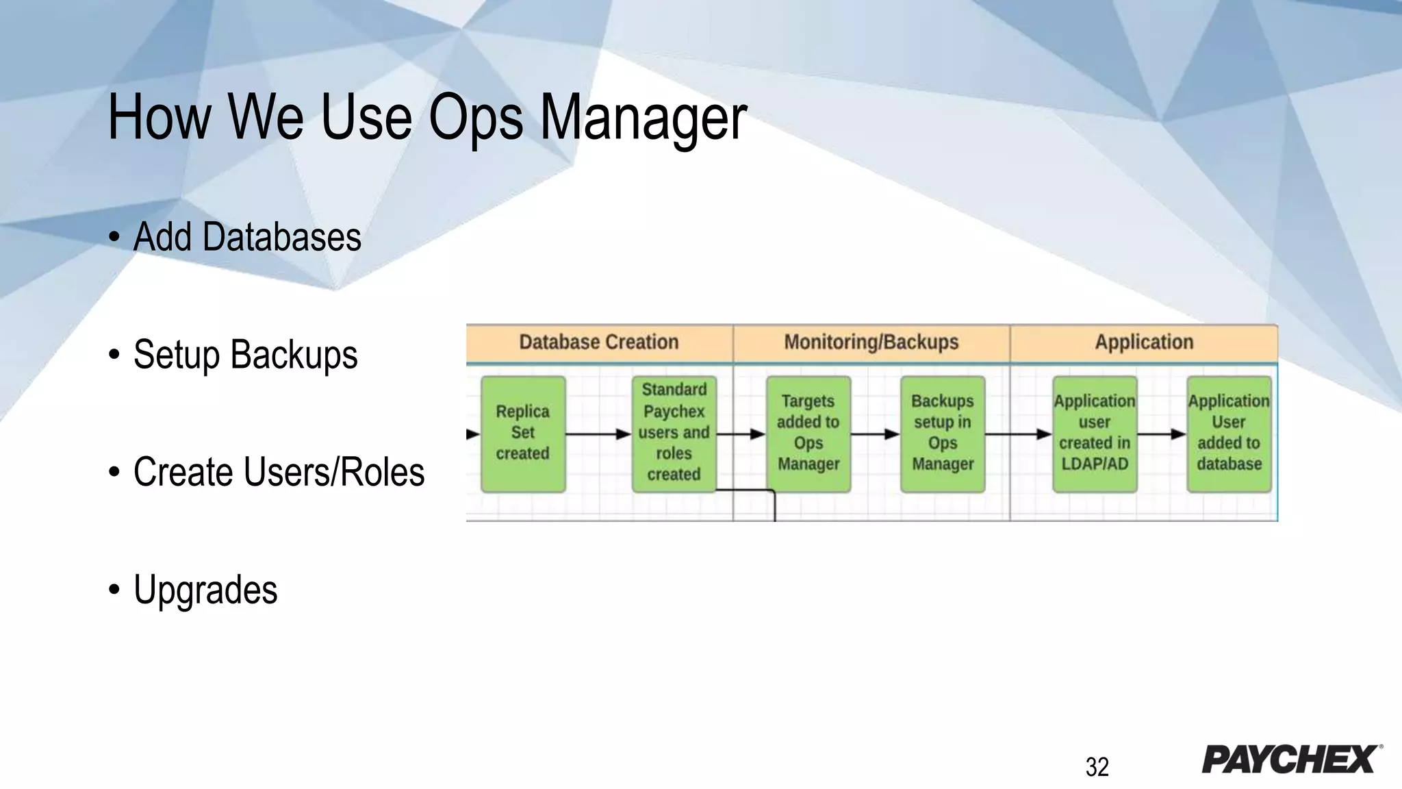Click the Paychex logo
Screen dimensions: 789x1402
(1291, 759)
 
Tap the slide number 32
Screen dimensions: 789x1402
(1097, 767)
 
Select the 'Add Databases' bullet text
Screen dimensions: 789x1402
(246, 237)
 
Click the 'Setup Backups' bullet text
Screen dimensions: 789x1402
(245, 355)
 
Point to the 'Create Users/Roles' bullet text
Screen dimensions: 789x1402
(279, 473)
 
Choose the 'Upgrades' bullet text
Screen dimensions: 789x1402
(205, 590)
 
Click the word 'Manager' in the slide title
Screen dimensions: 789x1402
(643, 118)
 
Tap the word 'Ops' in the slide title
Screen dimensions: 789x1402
(475, 118)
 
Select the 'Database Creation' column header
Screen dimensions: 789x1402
(599, 342)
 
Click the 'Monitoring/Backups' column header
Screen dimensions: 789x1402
(871, 342)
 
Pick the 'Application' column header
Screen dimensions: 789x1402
(1144, 342)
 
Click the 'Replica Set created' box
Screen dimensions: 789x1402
(523, 433)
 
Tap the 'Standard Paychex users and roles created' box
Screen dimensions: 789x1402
(674, 433)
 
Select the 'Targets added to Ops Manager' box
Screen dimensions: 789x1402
(808, 433)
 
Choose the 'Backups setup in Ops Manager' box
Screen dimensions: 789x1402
(942, 433)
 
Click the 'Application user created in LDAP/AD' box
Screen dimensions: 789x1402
(1094, 433)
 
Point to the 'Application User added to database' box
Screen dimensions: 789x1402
(1229, 433)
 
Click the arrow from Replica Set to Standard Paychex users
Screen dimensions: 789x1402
(598, 434)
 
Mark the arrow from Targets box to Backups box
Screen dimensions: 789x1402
(875, 434)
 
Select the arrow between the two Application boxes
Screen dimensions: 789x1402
(1161, 434)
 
